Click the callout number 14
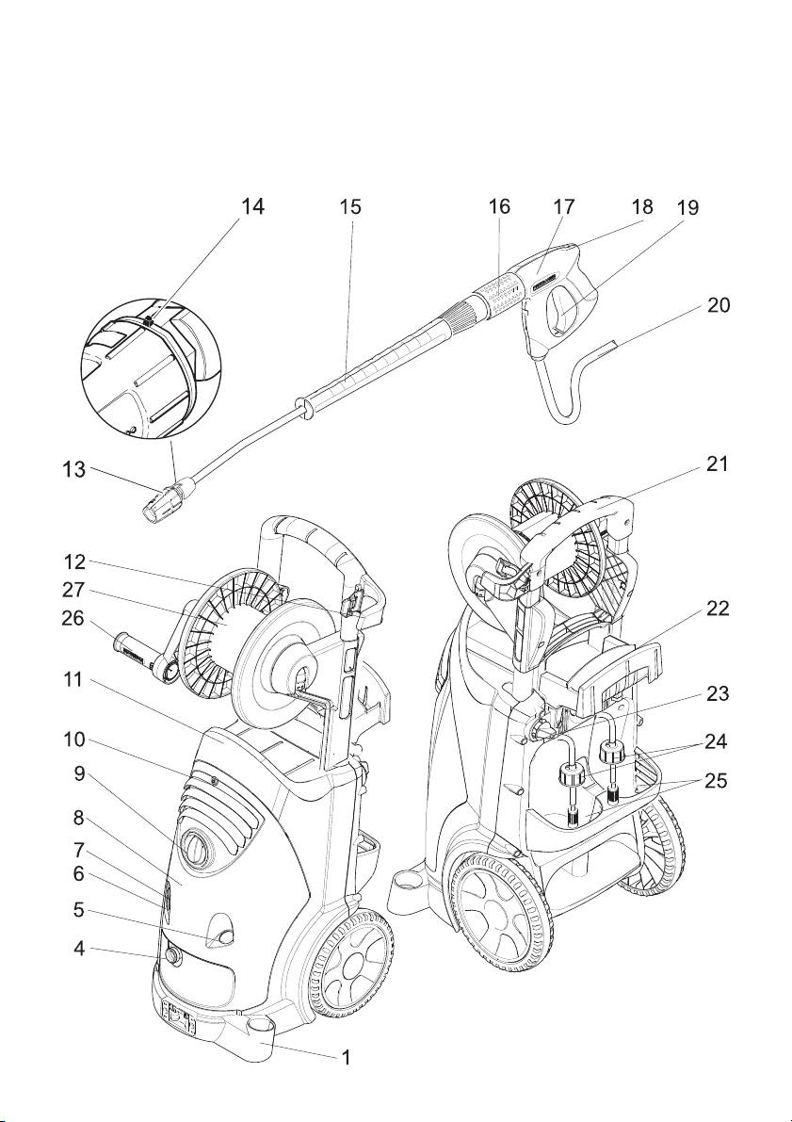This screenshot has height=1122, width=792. coord(251,207)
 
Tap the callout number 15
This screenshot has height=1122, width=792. coord(350,207)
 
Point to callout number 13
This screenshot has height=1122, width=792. coord(75,470)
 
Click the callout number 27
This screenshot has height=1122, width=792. coord(75,591)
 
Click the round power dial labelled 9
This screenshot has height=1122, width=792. coord(196,849)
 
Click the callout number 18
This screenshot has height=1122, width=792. coord(642,207)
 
